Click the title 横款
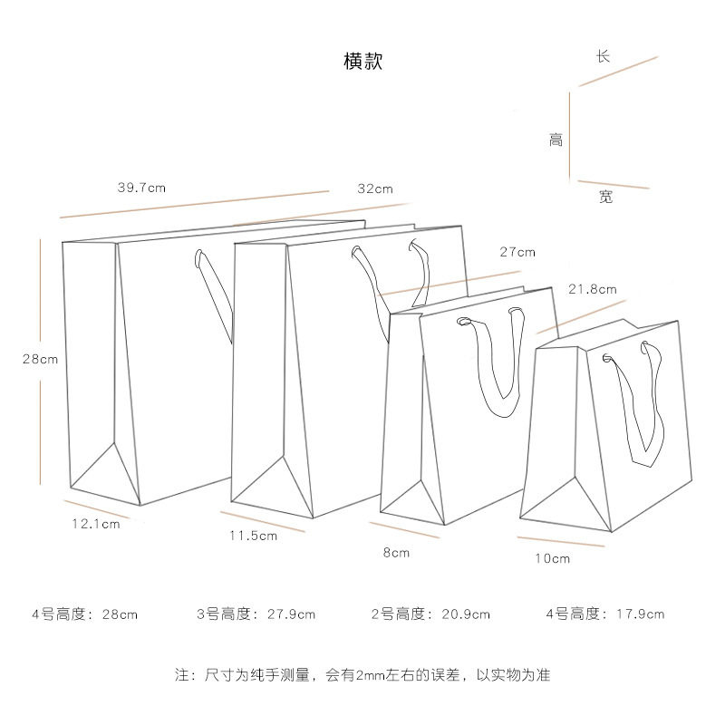[363, 62]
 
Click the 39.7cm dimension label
[141, 188]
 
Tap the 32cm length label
[374, 188]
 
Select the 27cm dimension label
[517, 252]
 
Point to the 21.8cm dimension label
[592, 289]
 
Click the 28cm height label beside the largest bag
[40, 359]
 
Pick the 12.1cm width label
[96, 523]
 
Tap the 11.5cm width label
[253, 536]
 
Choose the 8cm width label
[396, 552]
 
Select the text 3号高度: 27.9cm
[256, 614]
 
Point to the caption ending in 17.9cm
[604, 614]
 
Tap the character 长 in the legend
[603, 56]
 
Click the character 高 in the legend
[556, 140]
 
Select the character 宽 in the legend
[605, 196]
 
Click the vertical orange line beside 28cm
[40, 299]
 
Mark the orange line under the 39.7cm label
[194, 205]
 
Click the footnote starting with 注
[362, 675]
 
